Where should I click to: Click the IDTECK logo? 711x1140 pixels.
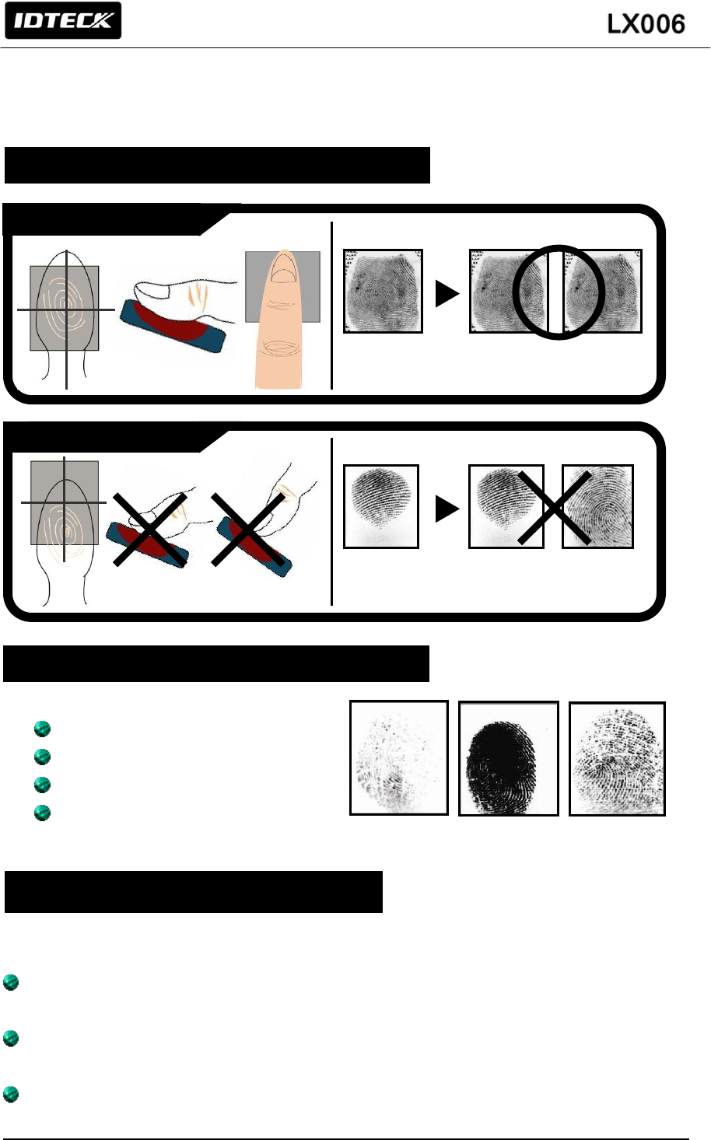pyautogui.click(x=63, y=21)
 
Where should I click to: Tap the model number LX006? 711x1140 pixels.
pyautogui.click(x=646, y=24)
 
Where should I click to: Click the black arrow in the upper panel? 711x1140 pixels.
pyautogui.click(x=447, y=293)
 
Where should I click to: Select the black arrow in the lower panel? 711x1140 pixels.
pyautogui.click(x=447, y=509)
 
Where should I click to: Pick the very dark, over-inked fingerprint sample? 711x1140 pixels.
pyautogui.click(x=508, y=759)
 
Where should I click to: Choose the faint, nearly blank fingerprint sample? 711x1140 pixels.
pyautogui.click(x=399, y=758)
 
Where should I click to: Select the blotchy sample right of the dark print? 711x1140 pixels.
pyautogui.click(x=618, y=759)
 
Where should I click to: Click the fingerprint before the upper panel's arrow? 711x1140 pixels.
pyautogui.click(x=384, y=292)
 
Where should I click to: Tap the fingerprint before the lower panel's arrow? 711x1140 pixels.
pyautogui.click(x=381, y=506)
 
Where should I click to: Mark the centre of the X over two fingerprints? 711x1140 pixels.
pyautogui.click(x=553, y=507)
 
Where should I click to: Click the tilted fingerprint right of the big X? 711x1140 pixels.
pyautogui.click(x=597, y=507)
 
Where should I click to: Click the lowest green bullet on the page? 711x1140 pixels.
pyautogui.click(x=11, y=1094)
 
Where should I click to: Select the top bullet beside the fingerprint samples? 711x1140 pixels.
pyautogui.click(x=43, y=729)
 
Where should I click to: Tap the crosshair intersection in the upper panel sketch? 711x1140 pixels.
pyautogui.click(x=67, y=309)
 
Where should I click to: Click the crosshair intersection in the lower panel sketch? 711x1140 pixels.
pyautogui.click(x=64, y=502)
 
